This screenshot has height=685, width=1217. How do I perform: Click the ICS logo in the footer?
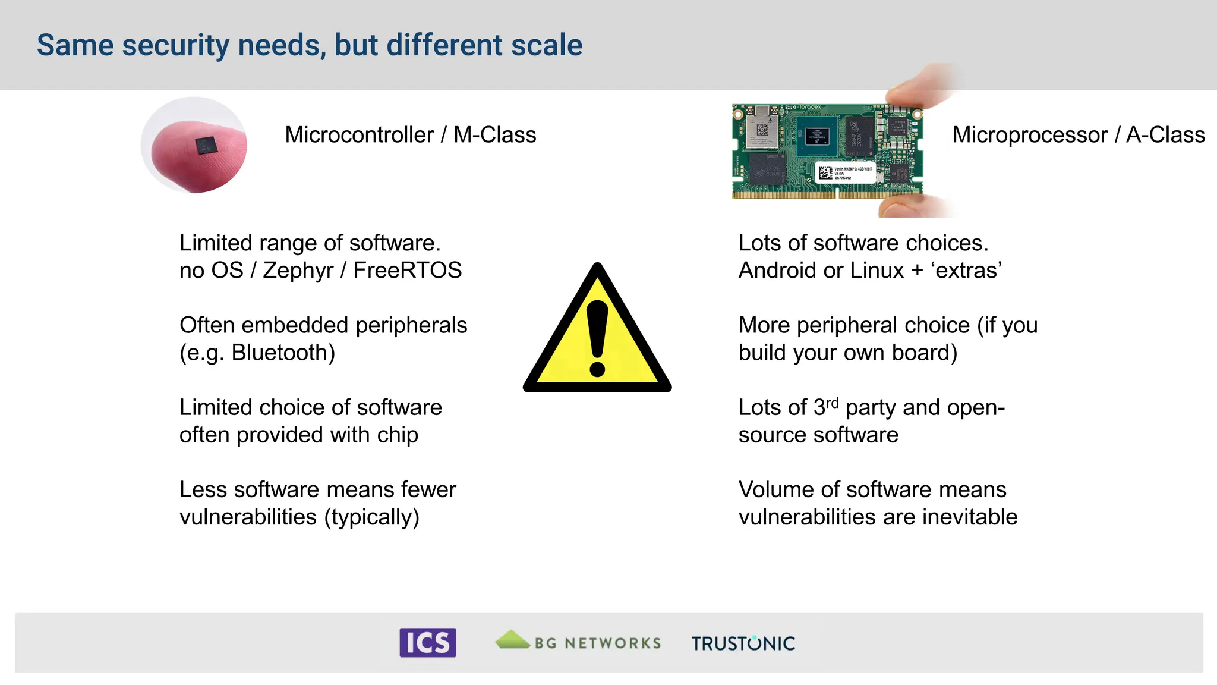click(427, 642)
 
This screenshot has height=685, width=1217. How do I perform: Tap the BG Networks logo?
click(578, 642)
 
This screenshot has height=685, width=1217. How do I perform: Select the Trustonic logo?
click(743, 643)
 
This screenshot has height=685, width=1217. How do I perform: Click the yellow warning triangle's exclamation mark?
click(597, 338)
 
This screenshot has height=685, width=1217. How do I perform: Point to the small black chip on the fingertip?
click(206, 144)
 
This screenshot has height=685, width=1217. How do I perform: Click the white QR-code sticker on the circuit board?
click(844, 172)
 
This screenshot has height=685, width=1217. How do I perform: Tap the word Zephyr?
click(298, 271)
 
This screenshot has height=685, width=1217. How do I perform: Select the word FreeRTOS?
click(407, 271)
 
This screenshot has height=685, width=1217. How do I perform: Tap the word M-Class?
click(494, 135)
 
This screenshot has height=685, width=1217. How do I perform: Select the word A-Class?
click(1165, 135)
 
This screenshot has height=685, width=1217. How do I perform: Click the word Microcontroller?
click(359, 135)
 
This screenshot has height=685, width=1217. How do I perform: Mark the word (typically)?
click(371, 517)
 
